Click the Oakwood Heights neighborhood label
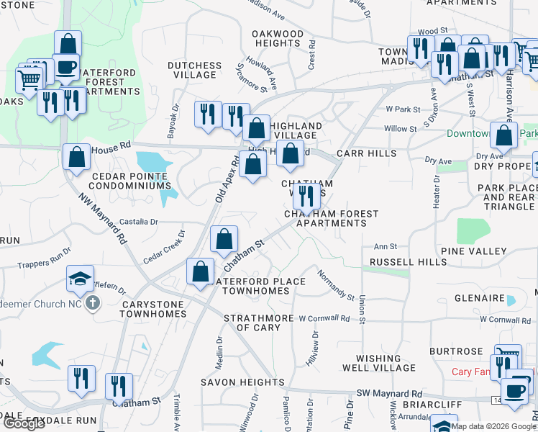point(278,39)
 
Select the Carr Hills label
point(366,153)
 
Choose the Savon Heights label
point(242,382)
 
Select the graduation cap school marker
point(79,279)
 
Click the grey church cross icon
point(92,302)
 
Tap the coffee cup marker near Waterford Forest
point(67,67)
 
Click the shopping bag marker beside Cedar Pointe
point(76,158)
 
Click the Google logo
point(24,423)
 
